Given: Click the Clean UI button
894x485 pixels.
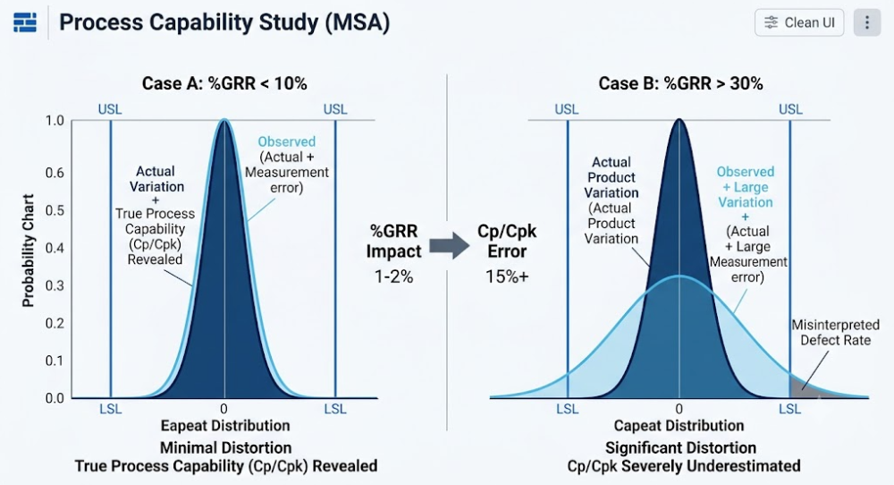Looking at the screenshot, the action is pyautogui.click(x=798, y=23).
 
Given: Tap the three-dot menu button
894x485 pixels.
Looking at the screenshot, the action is pyautogui.click(x=866, y=23).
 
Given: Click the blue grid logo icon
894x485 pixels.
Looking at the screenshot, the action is pyautogui.click(x=25, y=23).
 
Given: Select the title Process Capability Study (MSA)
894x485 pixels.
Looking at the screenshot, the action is pyautogui.click(x=224, y=23).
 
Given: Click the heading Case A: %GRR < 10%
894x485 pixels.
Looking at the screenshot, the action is pyautogui.click(x=224, y=84).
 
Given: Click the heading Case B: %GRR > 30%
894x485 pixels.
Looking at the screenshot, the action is pyautogui.click(x=680, y=84).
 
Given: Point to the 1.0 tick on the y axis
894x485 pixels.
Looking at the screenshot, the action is pyautogui.click(x=55, y=121).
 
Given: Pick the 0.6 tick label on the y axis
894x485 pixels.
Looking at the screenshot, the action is pyautogui.click(x=55, y=173).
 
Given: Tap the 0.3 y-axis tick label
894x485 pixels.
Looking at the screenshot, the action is pyautogui.click(x=55, y=285).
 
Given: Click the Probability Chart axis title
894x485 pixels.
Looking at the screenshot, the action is pyautogui.click(x=28, y=251).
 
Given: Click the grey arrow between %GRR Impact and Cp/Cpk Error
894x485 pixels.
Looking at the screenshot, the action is pyautogui.click(x=450, y=245).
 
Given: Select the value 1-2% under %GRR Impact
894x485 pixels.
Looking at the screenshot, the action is pyautogui.click(x=393, y=277).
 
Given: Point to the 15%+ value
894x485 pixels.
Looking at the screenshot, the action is pyautogui.click(x=507, y=277).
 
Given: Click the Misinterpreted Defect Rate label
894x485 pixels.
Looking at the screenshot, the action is pyautogui.click(x=835, y=333).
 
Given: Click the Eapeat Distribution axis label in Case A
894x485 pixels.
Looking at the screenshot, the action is pyautogui.click(x=225, y=426).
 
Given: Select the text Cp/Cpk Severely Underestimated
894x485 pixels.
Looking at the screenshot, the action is pyautogui.click(x=684, y=466).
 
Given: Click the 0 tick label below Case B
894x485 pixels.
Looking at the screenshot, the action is pyautogui.click(x=679, y=409).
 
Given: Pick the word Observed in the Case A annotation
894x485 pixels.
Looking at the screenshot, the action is pyautogui.click(x=286, y=141).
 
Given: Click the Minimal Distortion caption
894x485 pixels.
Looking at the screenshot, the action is pyautogui.click(x=226, y=448).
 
